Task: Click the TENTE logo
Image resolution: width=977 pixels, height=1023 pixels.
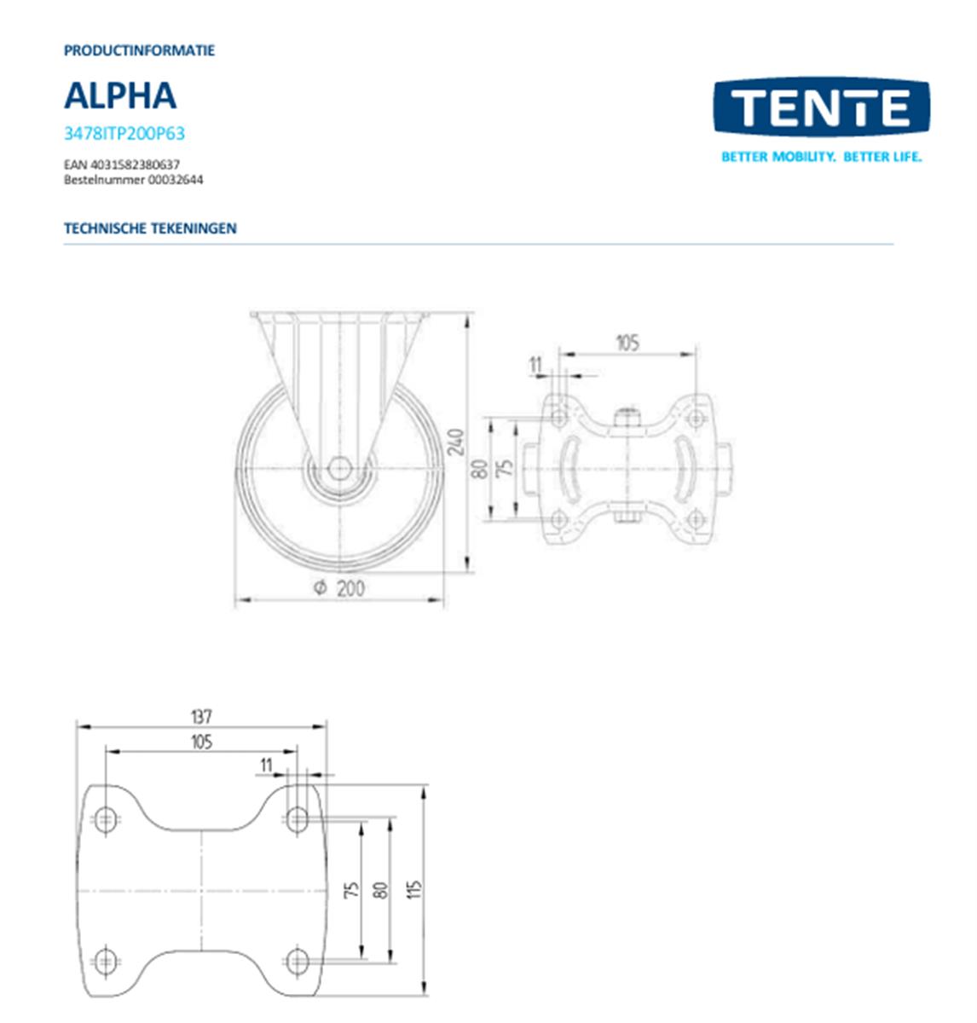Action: pyautogui.click(x=820, y=107)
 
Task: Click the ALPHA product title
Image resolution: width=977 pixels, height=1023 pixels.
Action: pyautogui.click(x=120, y=95)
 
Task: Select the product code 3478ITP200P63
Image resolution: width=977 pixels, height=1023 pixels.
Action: pyautogui.click(x=124, y=134)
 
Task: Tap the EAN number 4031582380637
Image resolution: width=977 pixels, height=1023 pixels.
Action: pyautogui.click(x=122, y=165)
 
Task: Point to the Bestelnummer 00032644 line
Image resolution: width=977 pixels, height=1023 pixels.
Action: pyautogui.click(x=133, y=180)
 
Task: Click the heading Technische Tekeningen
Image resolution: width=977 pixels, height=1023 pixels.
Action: pyautogui.click(x=150, y=228)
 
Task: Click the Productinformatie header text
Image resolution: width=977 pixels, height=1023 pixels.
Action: pyautogui.click(x=139, y=50)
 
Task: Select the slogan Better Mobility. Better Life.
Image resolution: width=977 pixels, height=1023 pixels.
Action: pyautogui.click(x=821, y=157)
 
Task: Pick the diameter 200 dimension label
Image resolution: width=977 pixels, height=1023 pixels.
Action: pyautogui.click(x=340, y=588)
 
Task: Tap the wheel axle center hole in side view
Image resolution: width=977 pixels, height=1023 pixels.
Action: pyautogui.click(x=339, y=468)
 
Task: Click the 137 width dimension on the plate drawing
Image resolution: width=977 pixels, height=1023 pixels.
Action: pyautogui.click(x=201, y=716)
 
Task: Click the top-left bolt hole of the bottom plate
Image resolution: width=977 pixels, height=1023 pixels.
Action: pyautogui.click(x=105, y=819)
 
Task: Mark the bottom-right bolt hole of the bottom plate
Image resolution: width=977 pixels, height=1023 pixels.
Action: pyautogui.click(x=297, y=962)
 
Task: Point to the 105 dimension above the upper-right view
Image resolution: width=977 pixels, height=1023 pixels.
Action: pyautogui.click(x=627, y=343)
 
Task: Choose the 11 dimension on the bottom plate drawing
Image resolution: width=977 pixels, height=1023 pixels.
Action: pyautogui.click(x=266, y=766)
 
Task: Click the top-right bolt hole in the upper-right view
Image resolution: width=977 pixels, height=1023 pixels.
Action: pyautogui.click(x=696, y=418)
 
